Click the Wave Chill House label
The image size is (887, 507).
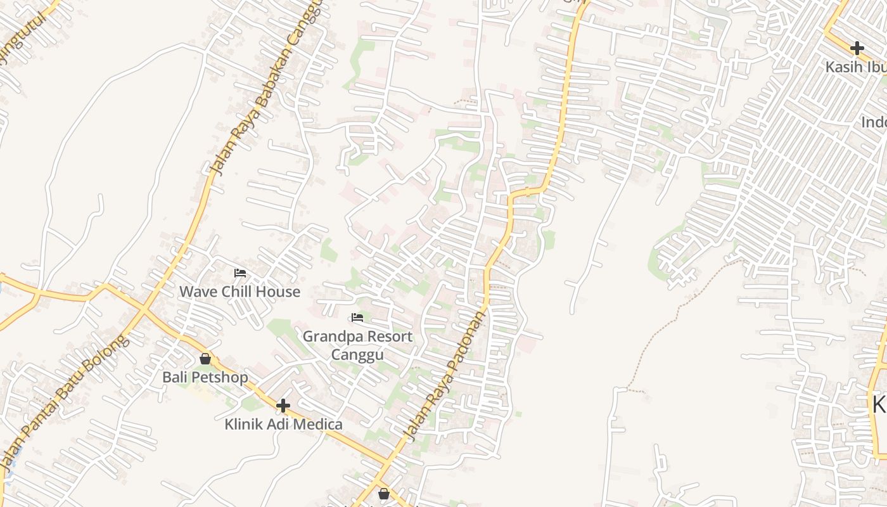(239, 292)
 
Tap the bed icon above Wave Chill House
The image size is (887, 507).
(240, 273)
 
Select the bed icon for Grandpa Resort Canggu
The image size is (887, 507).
(357, 318)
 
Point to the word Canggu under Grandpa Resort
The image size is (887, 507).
(357, 354)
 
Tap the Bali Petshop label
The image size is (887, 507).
(205, 378)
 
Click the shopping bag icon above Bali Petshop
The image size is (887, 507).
(205, 359)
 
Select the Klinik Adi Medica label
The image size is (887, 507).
(283, 425)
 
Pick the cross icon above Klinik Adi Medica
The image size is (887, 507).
(283, 406)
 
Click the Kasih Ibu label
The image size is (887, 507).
(855, 67)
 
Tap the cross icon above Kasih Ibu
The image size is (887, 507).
(857, 48)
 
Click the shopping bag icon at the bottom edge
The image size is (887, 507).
(383, 494)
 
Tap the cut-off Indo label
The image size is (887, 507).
(874, 122)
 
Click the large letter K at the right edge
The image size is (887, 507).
(879, 404)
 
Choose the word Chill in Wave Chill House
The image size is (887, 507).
(238, 292)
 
